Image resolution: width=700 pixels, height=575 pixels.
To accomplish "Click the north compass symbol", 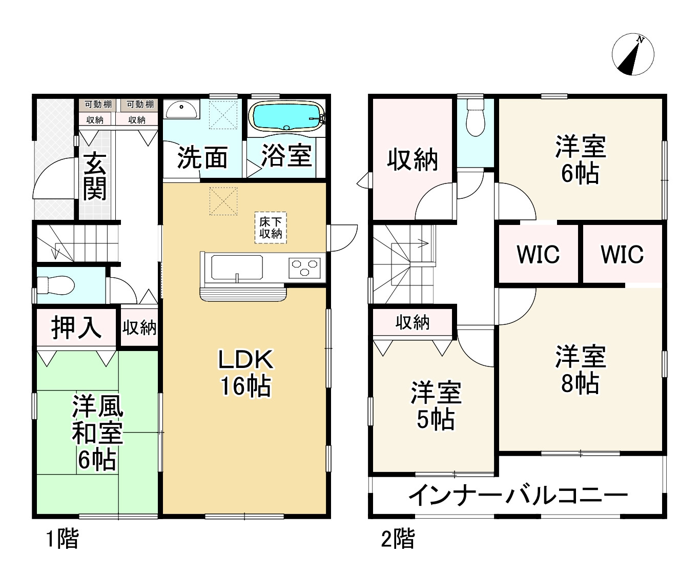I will tap(633, 54).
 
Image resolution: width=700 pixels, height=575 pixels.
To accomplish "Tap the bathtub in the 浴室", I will tap(285, 116).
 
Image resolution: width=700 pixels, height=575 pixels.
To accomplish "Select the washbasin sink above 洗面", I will tap(181, 109).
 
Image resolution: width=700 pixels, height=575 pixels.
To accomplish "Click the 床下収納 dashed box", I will tap(271, 228).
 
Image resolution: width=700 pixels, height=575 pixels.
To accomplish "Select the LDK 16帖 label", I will tap(245, 372).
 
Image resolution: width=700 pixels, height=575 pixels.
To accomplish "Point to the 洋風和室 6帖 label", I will tap(97, 433).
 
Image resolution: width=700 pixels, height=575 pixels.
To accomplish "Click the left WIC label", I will tap(538, 254).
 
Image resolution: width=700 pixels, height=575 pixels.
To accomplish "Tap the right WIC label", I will tap(622, 254).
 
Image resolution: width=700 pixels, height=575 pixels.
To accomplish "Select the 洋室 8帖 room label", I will tap(580, 369).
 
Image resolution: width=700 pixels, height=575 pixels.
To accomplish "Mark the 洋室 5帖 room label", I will tap(436, 406).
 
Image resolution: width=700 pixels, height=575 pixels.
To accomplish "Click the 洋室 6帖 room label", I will tap(580, 159).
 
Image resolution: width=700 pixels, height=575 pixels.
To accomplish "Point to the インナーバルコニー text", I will tap(518, 495).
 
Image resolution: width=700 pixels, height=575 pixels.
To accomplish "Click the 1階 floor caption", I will tap(63, 539).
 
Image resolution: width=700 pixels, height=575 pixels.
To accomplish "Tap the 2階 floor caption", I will tap(398, 539).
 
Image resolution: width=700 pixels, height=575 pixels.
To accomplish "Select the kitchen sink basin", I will tap(237, 267).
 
